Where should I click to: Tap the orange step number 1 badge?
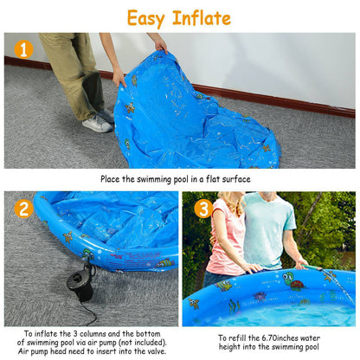click(x=23, y=49)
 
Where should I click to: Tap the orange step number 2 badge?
click(x=23, y=208)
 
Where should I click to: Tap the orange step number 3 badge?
click(x=202, y=208)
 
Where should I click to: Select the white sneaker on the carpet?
click(x=97, y=124)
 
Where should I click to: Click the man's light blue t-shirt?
click(x=268, y=229)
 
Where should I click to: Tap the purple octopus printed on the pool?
click(x=259, y=296)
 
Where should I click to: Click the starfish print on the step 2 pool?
click(x=67, y=236)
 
